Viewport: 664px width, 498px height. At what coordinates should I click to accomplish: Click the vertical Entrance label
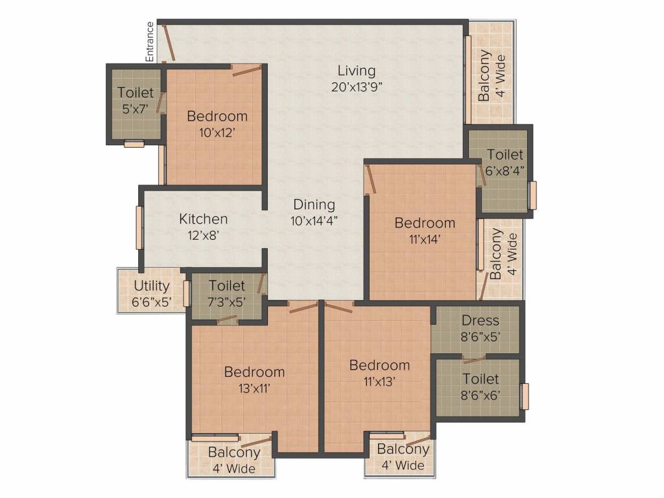[150, 42]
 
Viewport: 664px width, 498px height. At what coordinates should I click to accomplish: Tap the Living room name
[356, 71]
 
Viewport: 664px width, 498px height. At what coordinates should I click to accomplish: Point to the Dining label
[314, 205]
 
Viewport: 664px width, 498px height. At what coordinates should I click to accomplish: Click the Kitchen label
[203, 219]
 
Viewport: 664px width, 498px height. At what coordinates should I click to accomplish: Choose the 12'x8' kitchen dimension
[203, 235]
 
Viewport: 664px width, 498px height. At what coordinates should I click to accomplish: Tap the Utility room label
[152, 286]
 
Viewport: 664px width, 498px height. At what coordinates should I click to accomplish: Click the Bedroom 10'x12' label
[217, 117]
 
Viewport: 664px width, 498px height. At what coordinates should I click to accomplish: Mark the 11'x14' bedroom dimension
[425, 239]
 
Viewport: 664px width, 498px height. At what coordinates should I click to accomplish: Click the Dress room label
[480, 320]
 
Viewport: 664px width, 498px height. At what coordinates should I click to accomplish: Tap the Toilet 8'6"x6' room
[480, 386]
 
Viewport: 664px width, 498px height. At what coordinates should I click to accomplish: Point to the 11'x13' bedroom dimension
[379, 381]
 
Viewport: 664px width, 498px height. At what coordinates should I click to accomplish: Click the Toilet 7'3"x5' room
[227, 293]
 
